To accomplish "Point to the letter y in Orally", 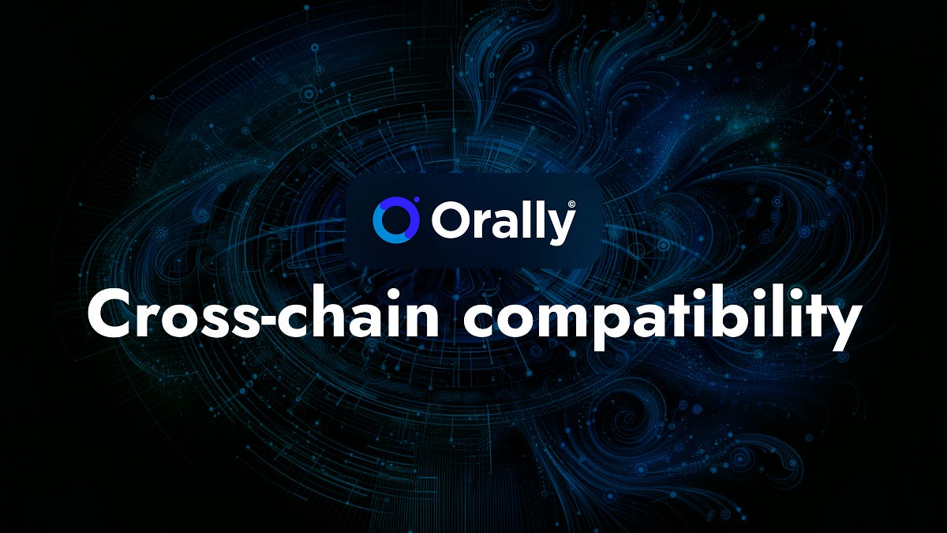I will click(x=560, y=227).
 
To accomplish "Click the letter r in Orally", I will click(x=478, y=225).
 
